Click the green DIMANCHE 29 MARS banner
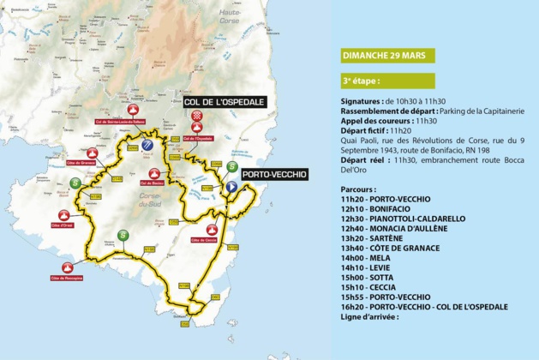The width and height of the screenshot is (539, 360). (x=387, y=56)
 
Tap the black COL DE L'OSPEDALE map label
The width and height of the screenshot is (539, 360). (x=225, y=101)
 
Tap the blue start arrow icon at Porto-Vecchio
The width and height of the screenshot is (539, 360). (x=231, y=186)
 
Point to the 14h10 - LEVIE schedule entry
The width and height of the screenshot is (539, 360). (x=367, y=267)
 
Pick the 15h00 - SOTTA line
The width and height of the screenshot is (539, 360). (x=368, y=277)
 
